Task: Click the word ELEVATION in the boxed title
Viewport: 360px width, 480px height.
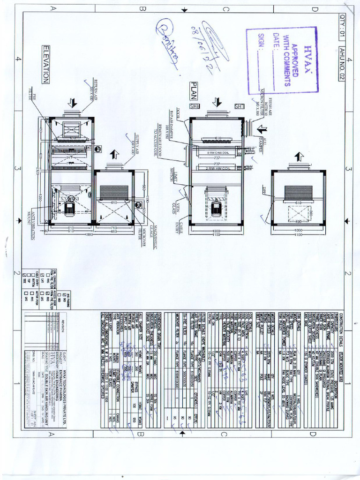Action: [x=45, y=65]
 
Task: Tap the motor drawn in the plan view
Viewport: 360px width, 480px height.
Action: [x=216, y=209]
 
